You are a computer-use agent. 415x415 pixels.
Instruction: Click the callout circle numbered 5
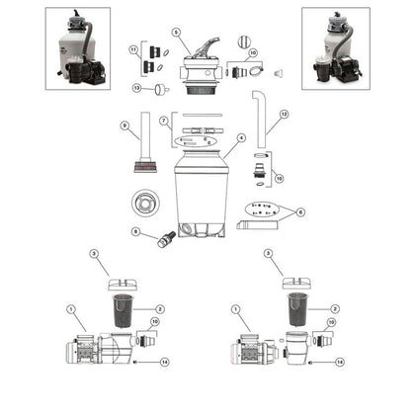tap(176, 32)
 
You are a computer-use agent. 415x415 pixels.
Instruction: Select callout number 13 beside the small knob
tap(137, 88)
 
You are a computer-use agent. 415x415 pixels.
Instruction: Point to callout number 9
tap(124, 124)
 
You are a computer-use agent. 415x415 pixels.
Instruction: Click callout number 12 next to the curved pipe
tap(284, 114)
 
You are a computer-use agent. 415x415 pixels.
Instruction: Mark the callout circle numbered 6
tap(300, 211)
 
